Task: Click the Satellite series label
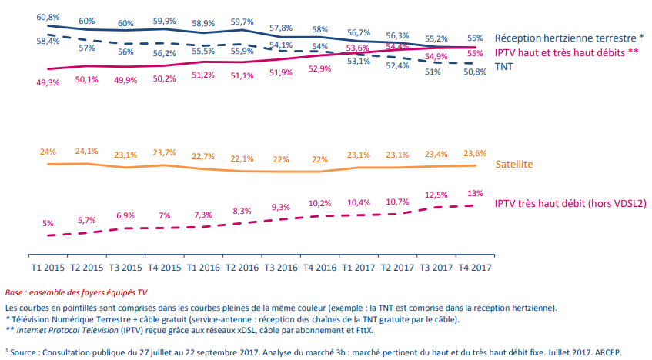tap(514, 164)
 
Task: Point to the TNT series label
tap(505, 67)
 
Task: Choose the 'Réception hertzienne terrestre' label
tap(566, 37)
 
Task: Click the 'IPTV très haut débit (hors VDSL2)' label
tap(570, 203)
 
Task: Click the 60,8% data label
tap(48, 15)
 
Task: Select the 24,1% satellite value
tap(86, 151)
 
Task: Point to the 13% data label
tap(475, 193)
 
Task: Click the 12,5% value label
tap(436, 195)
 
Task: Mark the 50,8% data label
tap(474, 72)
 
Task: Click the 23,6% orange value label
tap(474, 152)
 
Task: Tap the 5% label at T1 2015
tap(48, 223)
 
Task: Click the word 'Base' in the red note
tap(15, 293)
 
